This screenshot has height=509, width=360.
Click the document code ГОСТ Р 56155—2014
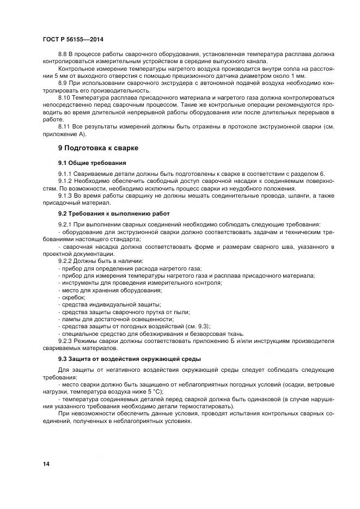[x=74, y=40]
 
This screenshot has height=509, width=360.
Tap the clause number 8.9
[x=63, y=82]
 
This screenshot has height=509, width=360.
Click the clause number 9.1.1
[x=65, y=173]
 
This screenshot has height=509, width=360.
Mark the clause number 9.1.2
[x=65, y=180]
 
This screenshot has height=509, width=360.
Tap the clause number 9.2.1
[x=65, y=224]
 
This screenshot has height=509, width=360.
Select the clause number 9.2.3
[x=65, y=341]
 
